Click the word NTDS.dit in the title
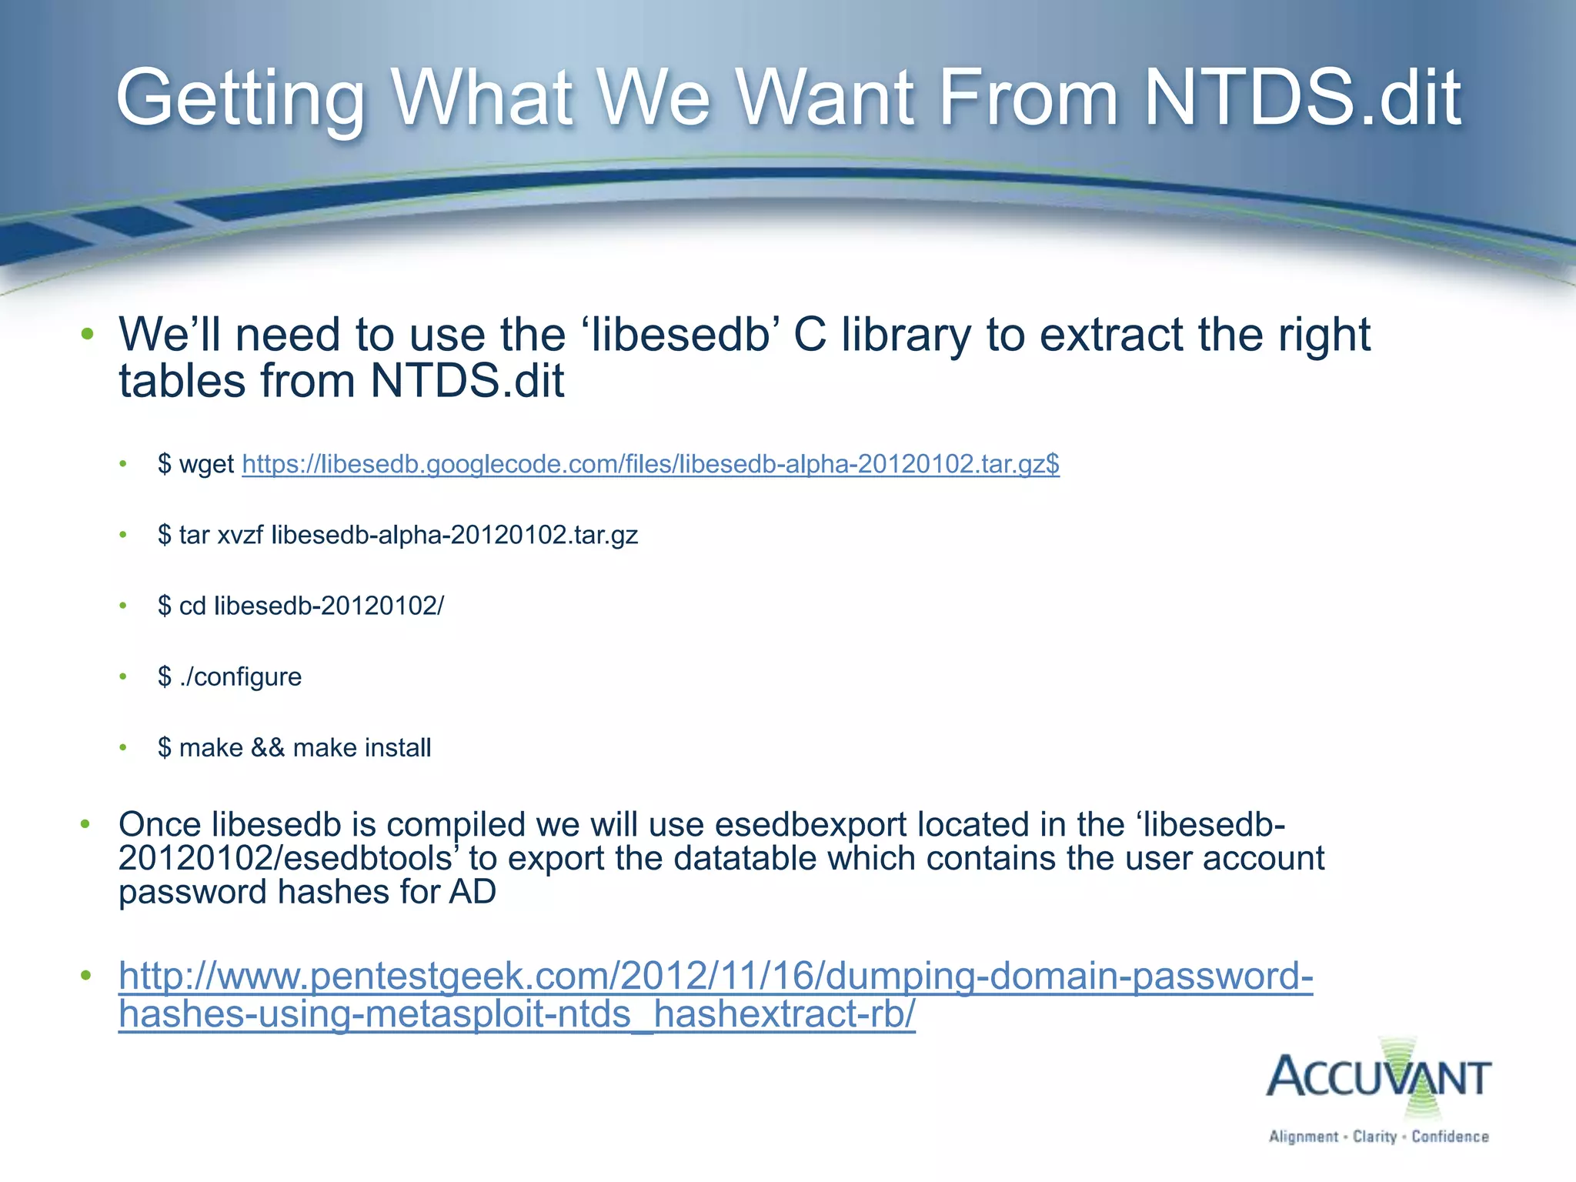[1302, 98]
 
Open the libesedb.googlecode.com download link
[650, 464]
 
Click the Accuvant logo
[1378, 1077]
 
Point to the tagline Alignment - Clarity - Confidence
[1378, 1137]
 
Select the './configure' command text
[240, 677]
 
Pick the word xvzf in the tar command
[240, 535]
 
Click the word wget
[206, 465]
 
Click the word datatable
[744, 859]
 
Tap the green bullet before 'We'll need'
[88, 335]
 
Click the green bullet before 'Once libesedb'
[85, 825]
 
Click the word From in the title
[1027, 98]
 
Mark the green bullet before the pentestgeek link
[85, 977]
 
